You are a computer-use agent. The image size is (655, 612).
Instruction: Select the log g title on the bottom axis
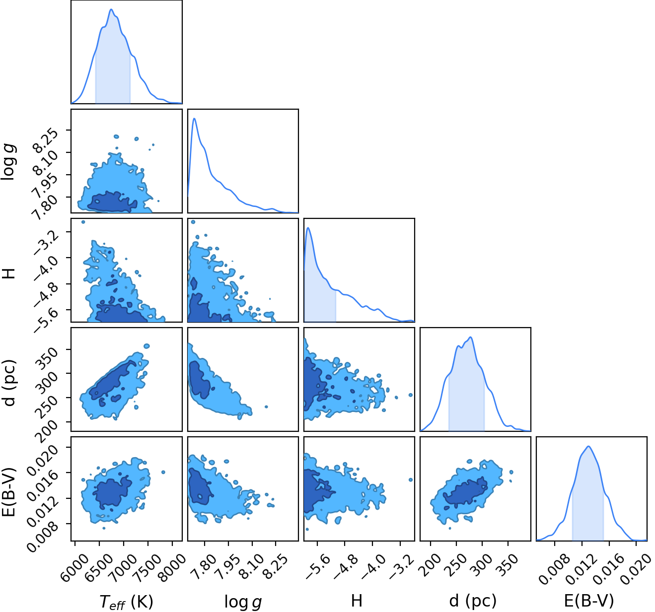pos(243,602)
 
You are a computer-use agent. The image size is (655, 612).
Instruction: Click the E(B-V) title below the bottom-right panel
pos(589,601)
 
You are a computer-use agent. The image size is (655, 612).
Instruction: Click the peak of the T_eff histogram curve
pos(111,9)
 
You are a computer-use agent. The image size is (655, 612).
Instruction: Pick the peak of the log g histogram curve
pos(194,118)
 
